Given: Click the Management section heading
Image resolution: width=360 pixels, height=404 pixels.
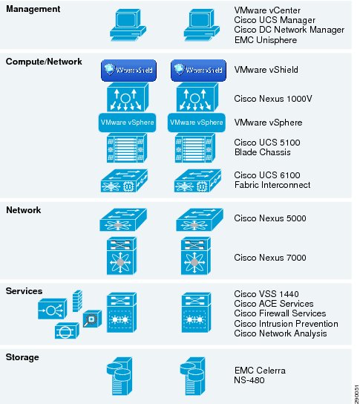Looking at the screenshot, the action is pos(33,9).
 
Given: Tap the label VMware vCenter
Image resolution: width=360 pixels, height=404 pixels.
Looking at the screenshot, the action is pos(267,10).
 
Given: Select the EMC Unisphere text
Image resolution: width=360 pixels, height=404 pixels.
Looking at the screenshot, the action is pos(266,40).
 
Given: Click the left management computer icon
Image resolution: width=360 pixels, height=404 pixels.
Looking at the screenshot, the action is pos(128,25).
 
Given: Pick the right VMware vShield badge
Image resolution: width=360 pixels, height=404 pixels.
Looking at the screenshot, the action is pos(198,71).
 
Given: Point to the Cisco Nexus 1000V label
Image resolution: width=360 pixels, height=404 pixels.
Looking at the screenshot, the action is pos(273,99).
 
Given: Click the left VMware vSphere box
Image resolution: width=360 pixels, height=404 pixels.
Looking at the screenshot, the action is pos(127,123).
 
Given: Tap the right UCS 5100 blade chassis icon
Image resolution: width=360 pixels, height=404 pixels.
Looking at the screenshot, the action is pos(195,148).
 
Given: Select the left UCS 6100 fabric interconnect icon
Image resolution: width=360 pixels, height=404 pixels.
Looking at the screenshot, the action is pos(124,180).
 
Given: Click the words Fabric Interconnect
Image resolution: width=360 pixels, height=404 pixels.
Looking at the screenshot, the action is pos(272,185).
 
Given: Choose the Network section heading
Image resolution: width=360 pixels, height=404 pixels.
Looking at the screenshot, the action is pos(24,210).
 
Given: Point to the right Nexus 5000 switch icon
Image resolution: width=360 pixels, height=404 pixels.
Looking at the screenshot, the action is pos(200,220).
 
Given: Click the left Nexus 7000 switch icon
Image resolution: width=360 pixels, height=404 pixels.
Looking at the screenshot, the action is pos(122,256).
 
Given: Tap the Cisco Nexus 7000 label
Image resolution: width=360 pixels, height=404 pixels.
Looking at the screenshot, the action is pos(270,258).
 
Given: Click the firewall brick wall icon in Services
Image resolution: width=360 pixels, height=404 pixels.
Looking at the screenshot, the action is pos(77,301).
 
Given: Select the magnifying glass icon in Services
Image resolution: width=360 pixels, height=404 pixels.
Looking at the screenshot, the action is pos(92,319).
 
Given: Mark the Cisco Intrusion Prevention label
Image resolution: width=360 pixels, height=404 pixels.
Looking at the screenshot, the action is pos(286,324).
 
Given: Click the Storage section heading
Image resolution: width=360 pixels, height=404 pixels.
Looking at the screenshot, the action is pos(22,357).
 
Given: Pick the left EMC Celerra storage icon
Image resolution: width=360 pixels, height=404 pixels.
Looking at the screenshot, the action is pos(120,377).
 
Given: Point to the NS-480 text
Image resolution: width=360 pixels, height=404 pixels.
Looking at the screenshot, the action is pos(249,380).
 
